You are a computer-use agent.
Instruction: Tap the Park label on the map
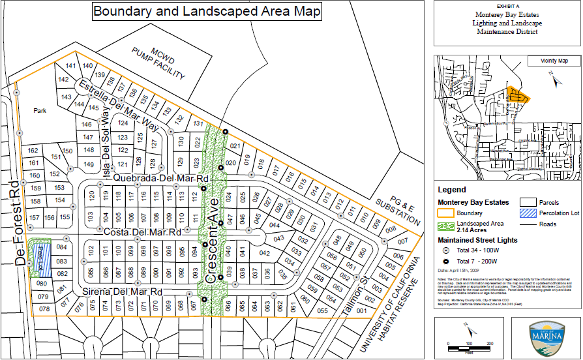[40, 111]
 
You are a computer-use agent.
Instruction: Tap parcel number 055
[322, 311]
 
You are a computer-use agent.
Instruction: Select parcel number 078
[44, 308]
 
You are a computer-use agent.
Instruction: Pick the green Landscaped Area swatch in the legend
[447, 225]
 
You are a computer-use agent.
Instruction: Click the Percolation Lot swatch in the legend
[529, 213]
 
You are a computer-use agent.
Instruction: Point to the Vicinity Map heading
[554, 61]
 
